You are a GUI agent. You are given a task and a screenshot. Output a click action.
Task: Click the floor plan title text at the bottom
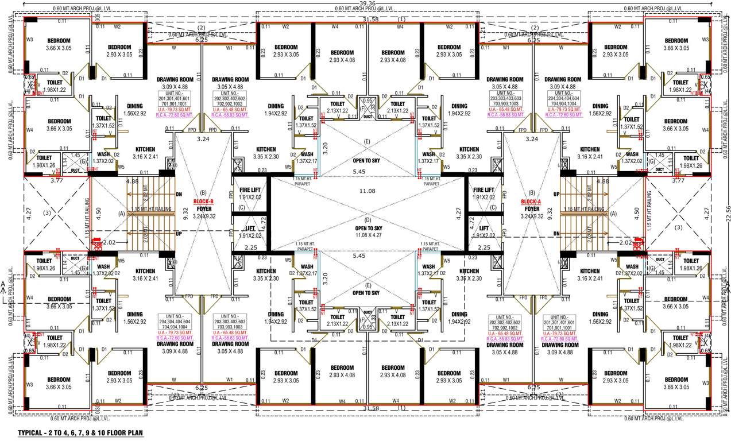[x=80, y=432]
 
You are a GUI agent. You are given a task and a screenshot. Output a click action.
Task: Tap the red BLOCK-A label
[x=531, y=202]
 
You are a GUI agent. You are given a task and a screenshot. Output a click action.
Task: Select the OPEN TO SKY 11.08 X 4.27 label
[x=368, y=231]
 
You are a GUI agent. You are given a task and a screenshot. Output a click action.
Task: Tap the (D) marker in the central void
[x=368, y=220]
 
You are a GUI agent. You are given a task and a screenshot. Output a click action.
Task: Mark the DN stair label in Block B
[x=179, y=194]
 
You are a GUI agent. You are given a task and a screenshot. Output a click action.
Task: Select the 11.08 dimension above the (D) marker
[x=368, y=191]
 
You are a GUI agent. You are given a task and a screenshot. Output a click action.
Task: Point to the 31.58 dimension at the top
[x=369, y=19]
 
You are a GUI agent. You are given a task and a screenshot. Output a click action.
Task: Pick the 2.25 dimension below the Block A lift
[x=484, y=247]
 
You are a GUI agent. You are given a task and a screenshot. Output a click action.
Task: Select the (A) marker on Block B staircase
[x=120, y=213]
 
